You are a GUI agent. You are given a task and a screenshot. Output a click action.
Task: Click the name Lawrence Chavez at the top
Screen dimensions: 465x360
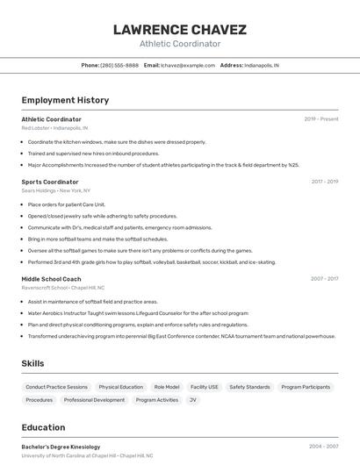180,30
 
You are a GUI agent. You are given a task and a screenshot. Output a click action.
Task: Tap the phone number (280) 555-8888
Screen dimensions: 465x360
119,66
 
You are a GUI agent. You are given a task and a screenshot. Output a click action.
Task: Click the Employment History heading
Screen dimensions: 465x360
65,100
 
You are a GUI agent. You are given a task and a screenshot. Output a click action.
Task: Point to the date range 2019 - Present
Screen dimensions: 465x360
321,119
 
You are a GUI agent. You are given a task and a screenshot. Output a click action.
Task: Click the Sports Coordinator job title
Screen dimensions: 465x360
50,182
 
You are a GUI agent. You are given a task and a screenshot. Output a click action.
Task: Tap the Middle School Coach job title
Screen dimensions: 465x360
51,279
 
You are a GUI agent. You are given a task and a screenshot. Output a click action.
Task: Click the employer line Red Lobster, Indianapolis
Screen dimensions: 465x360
54,128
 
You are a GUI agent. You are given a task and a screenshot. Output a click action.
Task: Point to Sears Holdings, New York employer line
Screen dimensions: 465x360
56,190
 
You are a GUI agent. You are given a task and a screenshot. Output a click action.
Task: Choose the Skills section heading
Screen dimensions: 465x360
33,363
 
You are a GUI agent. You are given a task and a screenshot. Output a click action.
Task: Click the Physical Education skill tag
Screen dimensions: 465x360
120,387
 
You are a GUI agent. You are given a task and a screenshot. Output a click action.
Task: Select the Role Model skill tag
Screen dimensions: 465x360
167,387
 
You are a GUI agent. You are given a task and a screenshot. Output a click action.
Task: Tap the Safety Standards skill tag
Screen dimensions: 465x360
249,387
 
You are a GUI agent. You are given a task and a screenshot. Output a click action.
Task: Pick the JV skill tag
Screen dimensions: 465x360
193,400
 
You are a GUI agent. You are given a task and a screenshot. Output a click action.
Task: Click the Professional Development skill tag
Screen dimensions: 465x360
94,400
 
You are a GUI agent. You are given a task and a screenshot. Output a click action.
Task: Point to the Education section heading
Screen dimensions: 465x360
43,427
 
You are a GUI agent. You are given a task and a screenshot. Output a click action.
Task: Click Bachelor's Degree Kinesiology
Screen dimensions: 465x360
61,447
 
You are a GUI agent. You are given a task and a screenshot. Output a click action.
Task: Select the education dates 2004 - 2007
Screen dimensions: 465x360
323,447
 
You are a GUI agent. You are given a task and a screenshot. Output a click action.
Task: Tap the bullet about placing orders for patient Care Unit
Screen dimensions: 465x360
67,204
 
